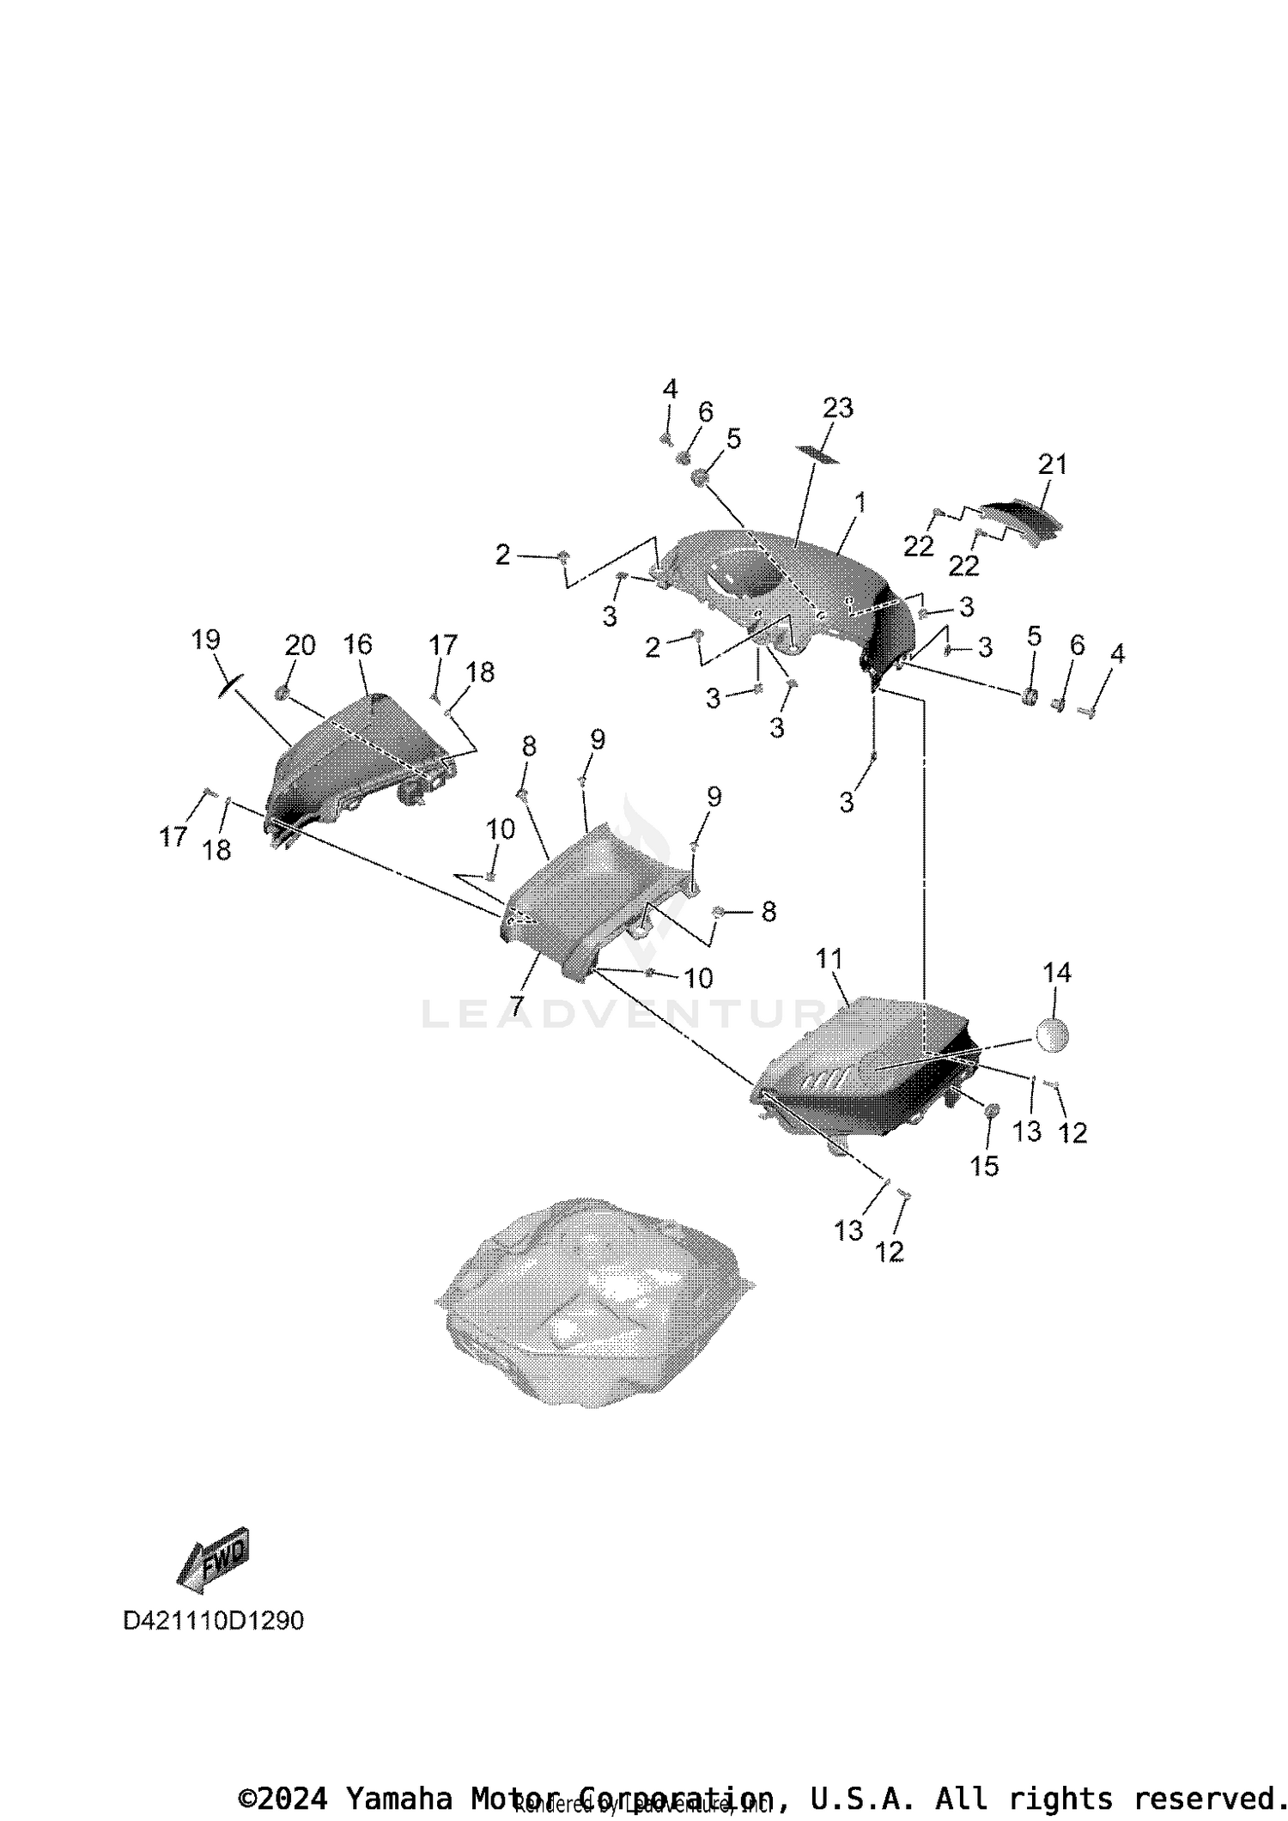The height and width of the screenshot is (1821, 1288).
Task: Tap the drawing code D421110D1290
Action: [x=214, y=1621]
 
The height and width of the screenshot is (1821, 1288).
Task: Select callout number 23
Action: [x=838, y=408]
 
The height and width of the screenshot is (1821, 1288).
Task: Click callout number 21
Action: [x=1053, y=464]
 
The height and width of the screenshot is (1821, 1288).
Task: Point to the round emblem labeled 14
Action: [x=1052, y=1035]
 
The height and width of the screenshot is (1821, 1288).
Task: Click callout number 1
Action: [x=860, y=504]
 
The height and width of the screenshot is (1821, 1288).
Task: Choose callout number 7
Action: [x=517, y=1006]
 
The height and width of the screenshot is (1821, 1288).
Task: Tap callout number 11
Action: [x=829, y=958]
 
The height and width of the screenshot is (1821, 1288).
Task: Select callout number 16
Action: [x=358, y=644]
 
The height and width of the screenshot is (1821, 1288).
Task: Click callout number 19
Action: [x=206, y=639]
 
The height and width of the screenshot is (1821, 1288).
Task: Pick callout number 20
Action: [x=300, y=645]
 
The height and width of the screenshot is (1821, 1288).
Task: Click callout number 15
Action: [x=984, y=1165]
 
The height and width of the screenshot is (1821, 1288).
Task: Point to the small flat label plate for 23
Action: [x=817, y=452]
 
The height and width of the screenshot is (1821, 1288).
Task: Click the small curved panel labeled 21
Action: [x=1022, y=519]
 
